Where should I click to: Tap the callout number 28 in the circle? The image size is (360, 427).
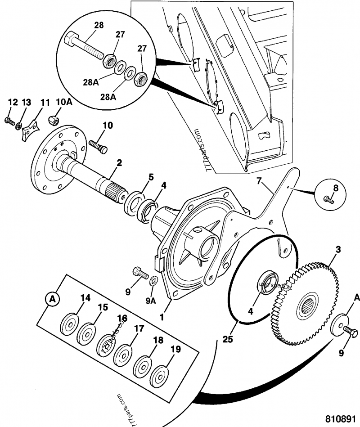pyautogui.click(x=99, y=25)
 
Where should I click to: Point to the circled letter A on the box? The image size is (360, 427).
pyautogui.click(x=53, y=298)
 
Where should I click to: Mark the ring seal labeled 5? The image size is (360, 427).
pyautogui.click(x=134, y=200)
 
